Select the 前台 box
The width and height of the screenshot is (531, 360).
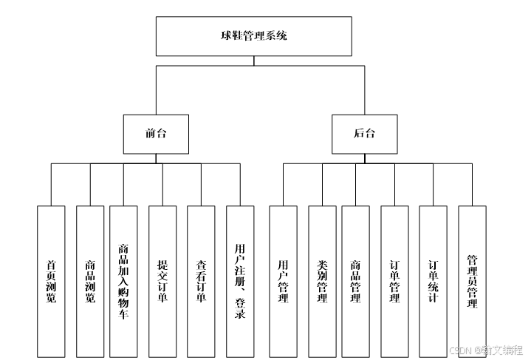click(156, 134)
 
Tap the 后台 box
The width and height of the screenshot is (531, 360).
click(363, 134)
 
